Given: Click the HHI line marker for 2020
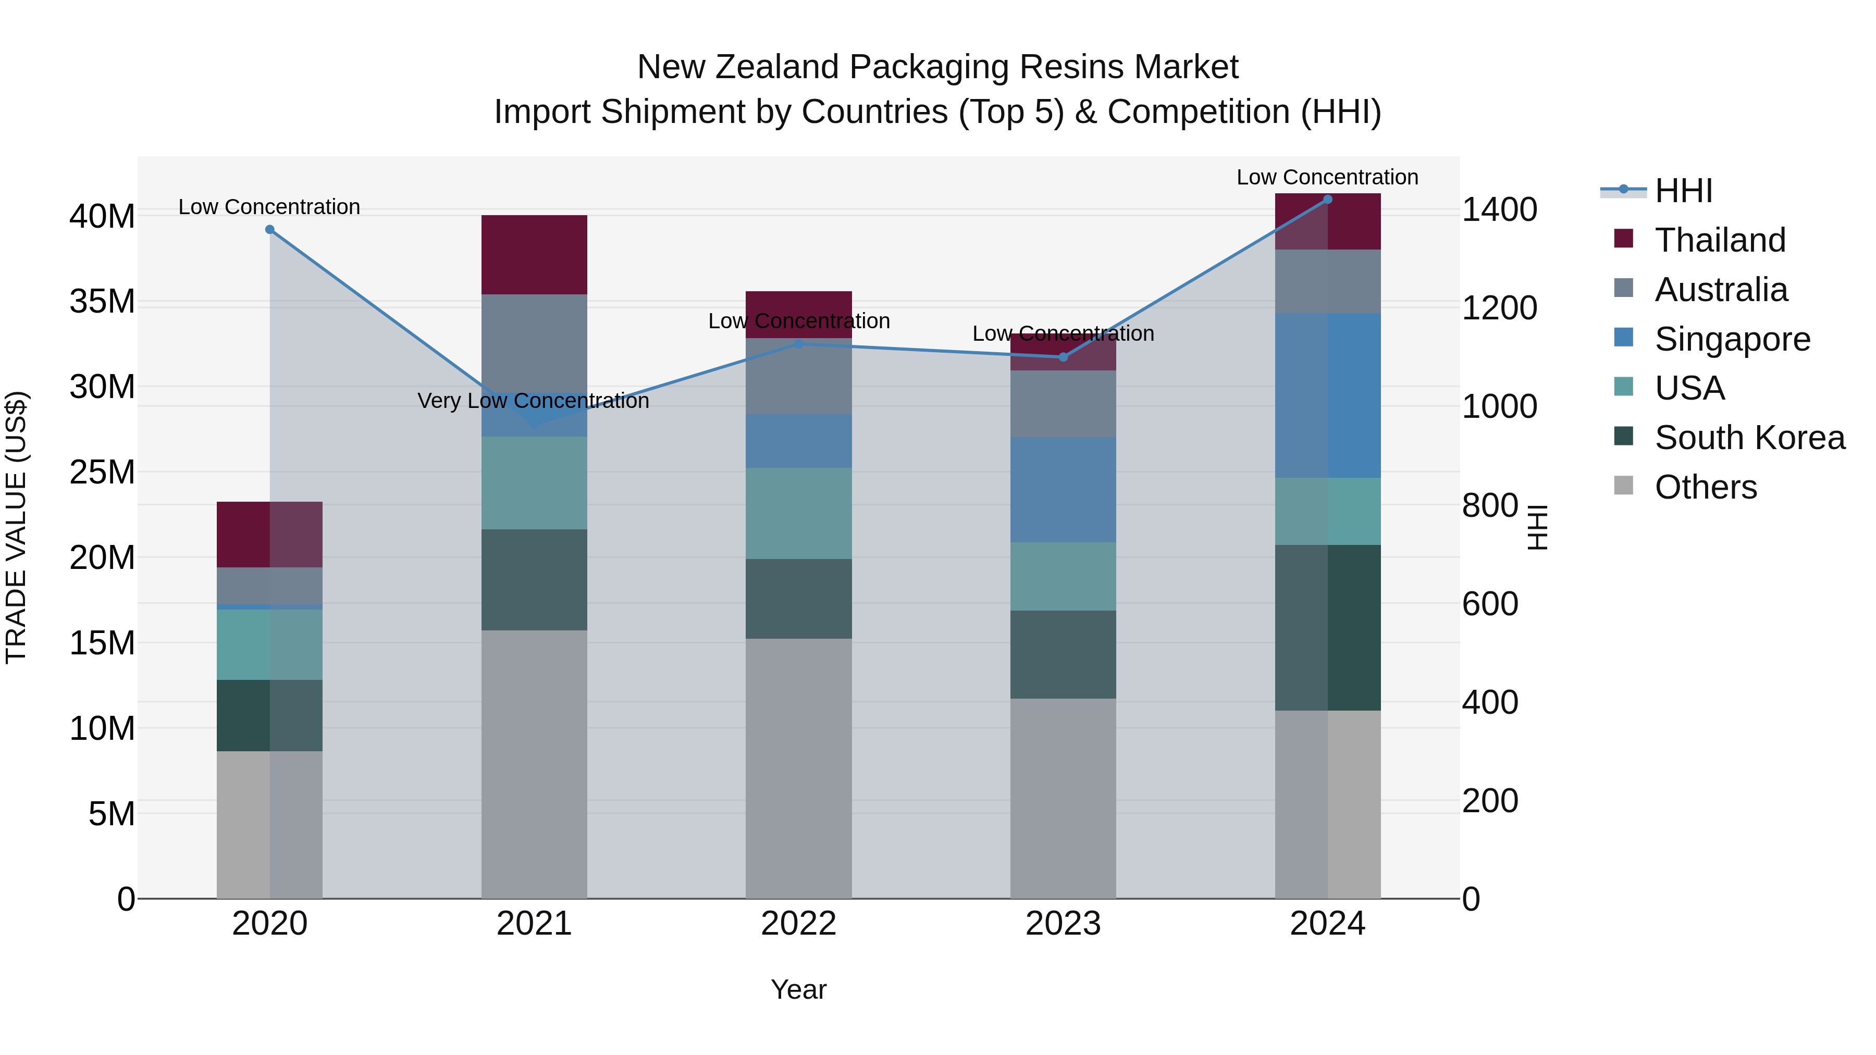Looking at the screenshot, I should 269,229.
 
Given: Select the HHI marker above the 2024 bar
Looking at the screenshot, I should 1327,200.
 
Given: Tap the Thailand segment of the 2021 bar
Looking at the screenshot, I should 534,255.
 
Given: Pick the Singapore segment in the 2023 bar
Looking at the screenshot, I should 1063,489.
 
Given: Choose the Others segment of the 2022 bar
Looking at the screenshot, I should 798,768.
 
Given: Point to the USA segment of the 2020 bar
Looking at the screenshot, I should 269,644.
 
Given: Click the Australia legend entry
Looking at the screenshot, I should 1720,290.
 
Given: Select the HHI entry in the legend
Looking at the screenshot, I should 1682,191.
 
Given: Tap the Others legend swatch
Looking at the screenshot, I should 1623,486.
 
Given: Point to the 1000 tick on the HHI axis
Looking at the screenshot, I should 1499,406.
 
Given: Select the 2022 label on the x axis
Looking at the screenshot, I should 798,924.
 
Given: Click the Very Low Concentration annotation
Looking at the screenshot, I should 533,401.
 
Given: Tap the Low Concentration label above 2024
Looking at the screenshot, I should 1327,177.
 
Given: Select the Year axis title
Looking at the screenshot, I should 798,989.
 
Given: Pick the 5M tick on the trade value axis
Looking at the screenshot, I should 112,813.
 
